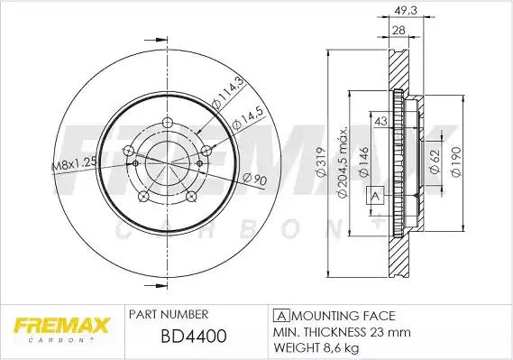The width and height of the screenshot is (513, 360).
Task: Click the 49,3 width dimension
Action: pos(406,11)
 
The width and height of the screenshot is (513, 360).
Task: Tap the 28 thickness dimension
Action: pos(398,31)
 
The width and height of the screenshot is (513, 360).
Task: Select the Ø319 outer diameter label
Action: pos(322,162)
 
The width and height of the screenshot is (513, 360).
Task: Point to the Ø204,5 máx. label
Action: pos(342,162)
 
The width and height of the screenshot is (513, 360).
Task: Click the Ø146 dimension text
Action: pos(364,162)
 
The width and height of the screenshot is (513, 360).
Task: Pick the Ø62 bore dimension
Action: pos(435,162)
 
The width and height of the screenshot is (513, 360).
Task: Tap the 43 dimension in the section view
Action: pos(380,121)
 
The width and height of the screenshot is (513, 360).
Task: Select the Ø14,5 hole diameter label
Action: pos(247,118)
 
